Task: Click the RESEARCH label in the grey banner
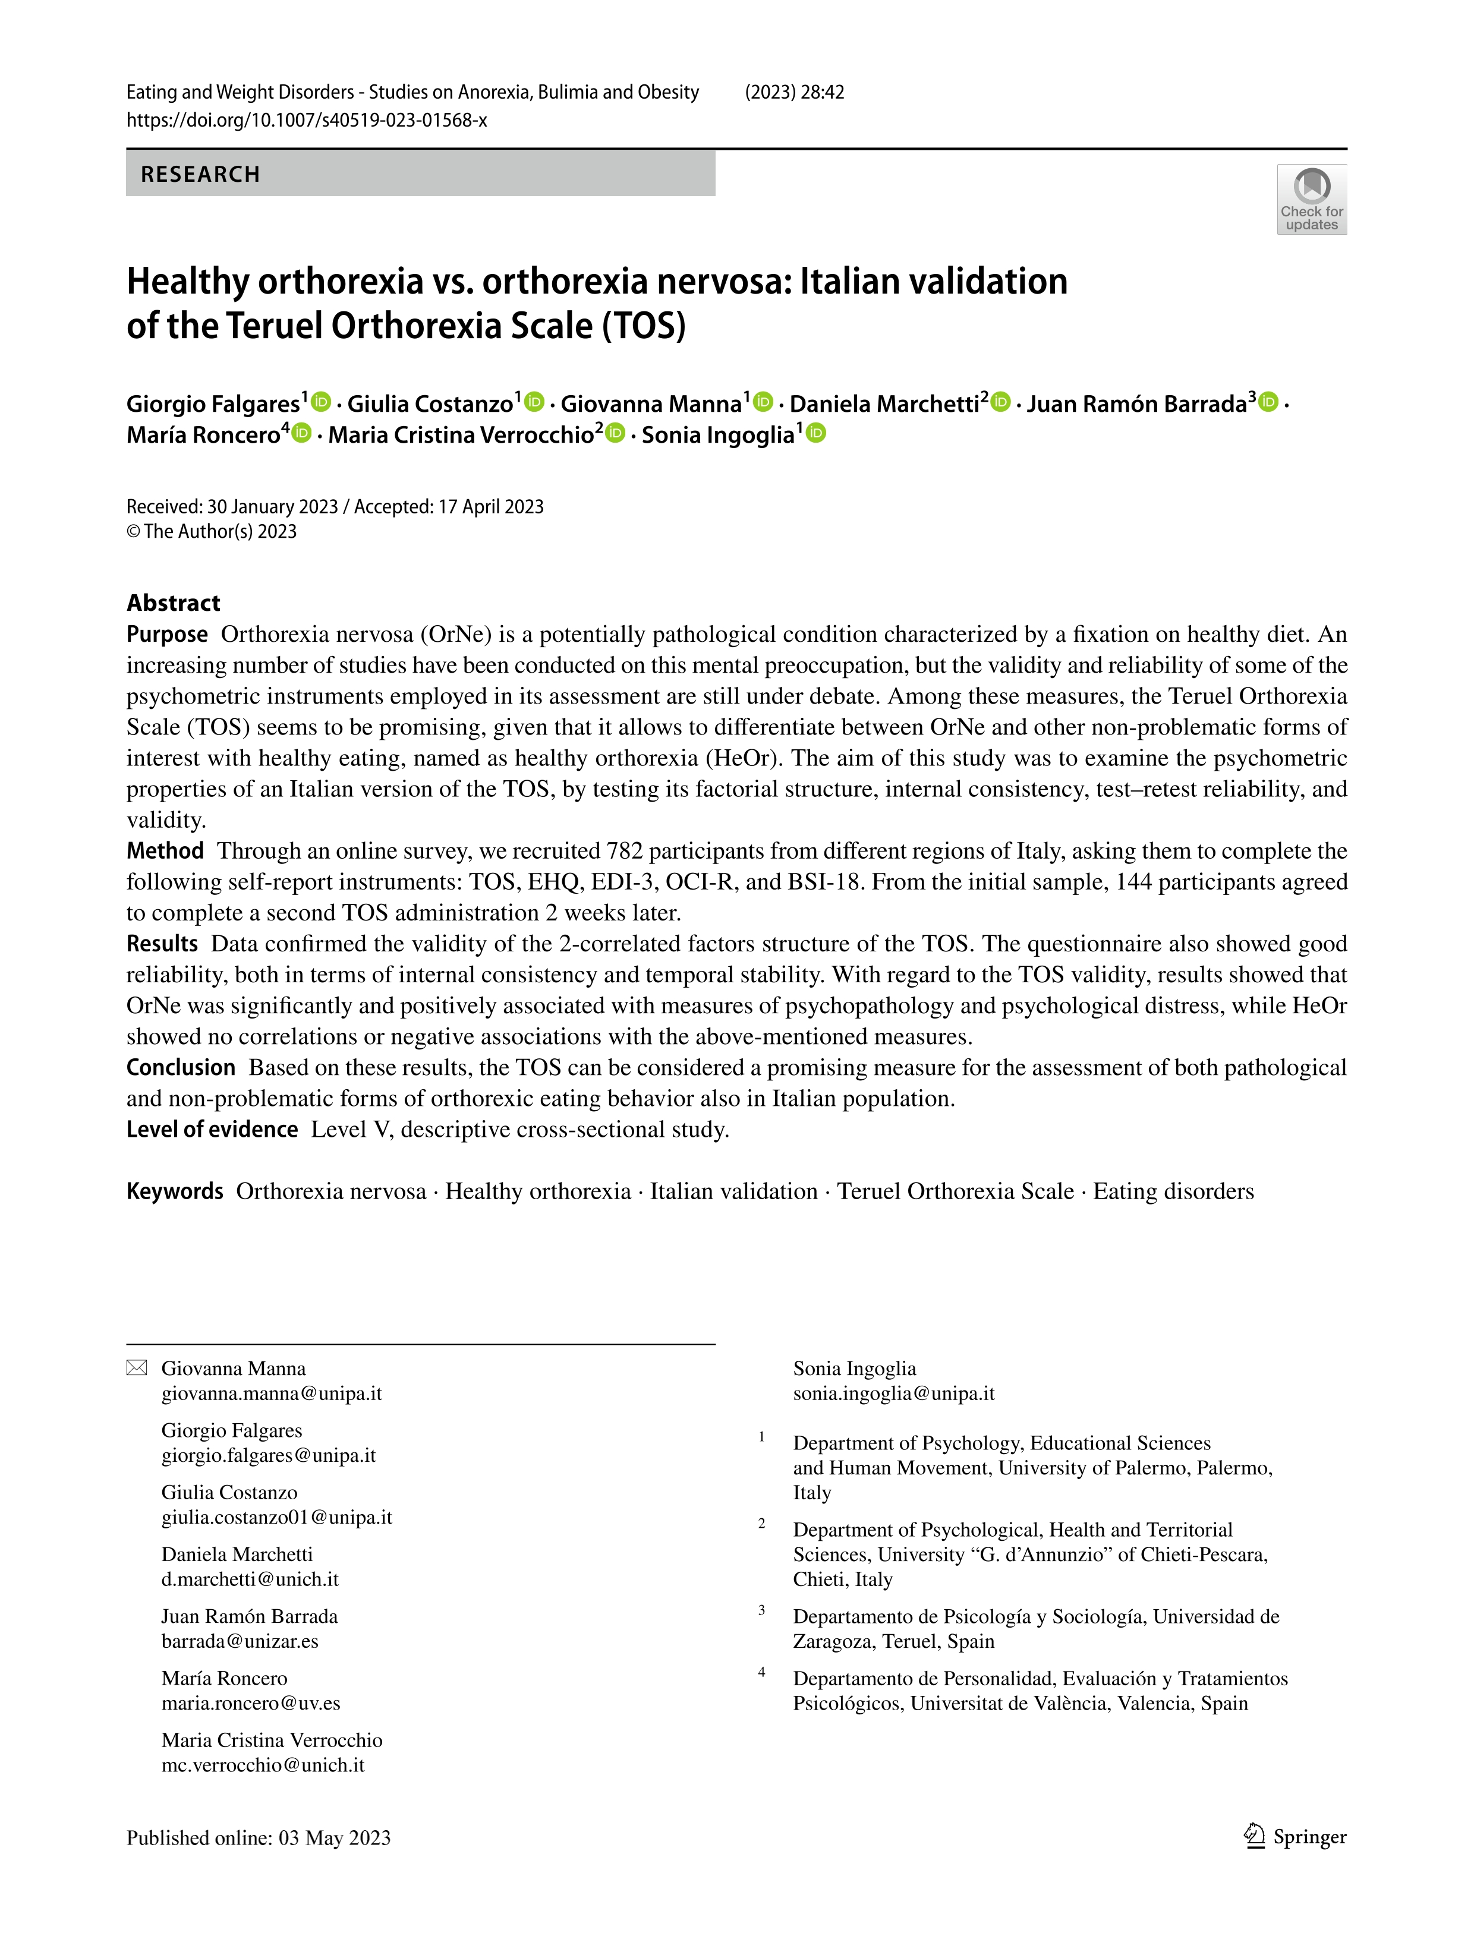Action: click(x=200, y=174)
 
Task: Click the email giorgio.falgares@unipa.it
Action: click(x=268, y=1455)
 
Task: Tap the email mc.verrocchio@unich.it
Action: click(x=263, y=1765)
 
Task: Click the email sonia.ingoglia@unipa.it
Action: click(x=893, y=1393)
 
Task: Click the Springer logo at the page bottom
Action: click(x=1295, y=1837)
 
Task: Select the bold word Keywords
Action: click(x=174, y=1191)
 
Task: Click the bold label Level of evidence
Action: click(x=212, y=1130)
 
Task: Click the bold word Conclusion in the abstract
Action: click(x=181, y=1067)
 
